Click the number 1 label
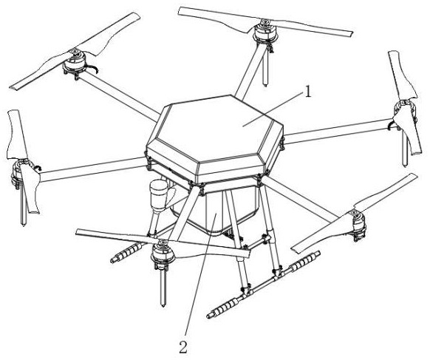coord(309,92)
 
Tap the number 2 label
coord(183,347)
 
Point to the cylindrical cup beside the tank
coord(159,195)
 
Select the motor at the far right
coord(405,110)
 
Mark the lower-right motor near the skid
coord(358,224)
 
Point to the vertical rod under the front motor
coord(163,286)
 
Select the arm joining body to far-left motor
coord(92,169)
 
